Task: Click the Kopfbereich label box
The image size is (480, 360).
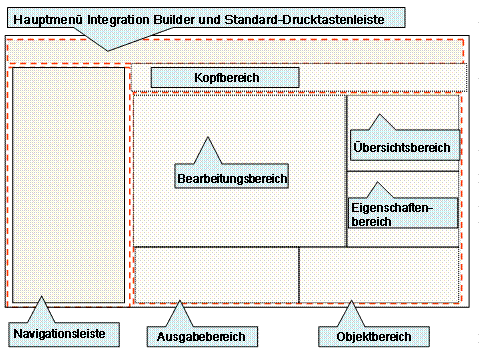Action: coord(225,77)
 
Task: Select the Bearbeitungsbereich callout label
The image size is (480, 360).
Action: coord(232,179)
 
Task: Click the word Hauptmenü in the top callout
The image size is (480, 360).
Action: coord(48,17)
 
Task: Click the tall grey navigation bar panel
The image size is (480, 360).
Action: coord(68,185)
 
